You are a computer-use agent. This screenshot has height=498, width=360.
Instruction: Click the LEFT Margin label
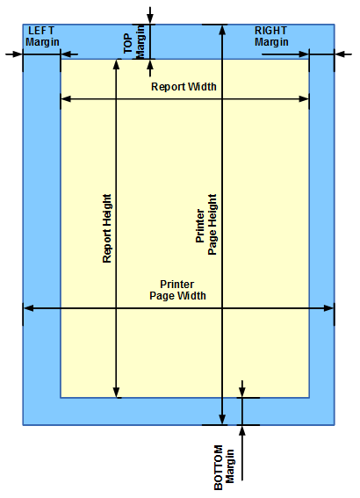coord(42,37)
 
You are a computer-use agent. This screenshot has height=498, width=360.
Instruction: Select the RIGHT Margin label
coord(271,37)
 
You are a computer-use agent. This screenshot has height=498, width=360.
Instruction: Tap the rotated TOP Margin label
coord(134,42)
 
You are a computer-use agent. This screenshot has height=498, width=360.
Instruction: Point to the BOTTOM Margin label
coord(224,467)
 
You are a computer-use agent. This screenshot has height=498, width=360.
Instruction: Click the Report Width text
coord(184,87)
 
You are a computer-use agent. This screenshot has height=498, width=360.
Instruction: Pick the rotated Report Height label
coord(107,228)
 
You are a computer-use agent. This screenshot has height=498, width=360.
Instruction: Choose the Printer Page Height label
coord(206,225)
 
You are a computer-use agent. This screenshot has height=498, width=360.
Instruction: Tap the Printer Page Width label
coord(177,290)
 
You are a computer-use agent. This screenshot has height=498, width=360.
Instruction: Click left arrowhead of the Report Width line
coord(66,99)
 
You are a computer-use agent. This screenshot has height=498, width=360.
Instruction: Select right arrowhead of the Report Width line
coord(304,99)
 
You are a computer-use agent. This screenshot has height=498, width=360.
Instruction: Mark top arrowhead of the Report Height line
coord(117,64)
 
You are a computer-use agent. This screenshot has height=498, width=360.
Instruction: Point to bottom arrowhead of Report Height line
coord(117,393)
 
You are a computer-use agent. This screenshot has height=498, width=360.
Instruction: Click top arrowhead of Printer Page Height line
coord(222,30)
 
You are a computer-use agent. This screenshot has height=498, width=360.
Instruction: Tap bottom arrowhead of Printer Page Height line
coord(222,419)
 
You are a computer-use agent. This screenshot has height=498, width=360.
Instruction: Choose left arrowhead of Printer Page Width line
coord(28,308)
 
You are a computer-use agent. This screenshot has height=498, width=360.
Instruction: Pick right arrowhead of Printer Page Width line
coord(329,308)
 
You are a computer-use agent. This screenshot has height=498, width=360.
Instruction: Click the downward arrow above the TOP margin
coord(150,15)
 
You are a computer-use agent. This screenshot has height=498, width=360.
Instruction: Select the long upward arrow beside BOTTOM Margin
coord(242,452)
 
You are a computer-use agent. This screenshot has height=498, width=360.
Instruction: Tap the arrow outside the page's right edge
coord(343,54)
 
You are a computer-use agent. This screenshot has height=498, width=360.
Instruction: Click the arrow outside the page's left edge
coord(14,54)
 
